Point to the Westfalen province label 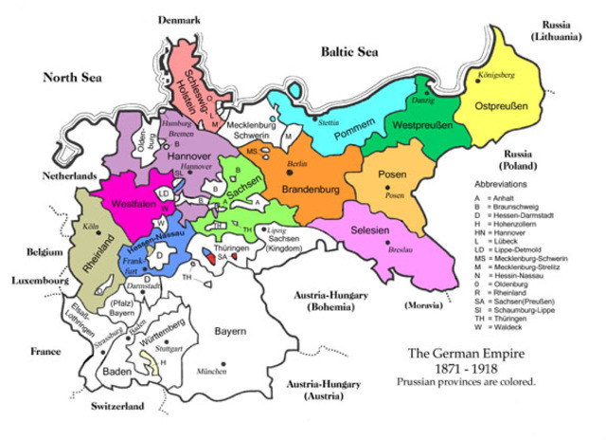point(134,204)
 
